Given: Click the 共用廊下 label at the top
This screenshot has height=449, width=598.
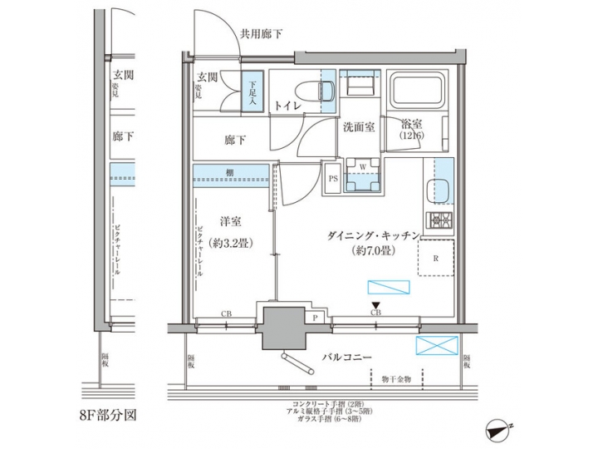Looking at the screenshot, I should tap(261, 34).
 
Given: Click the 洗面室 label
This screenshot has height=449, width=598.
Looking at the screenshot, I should tap(359, 127).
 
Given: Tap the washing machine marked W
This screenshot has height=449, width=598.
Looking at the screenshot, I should tap(363, 176).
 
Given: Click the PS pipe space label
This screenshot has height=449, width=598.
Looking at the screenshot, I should tap(332, 178).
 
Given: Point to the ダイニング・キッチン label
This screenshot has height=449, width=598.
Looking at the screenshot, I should tap(370, 235).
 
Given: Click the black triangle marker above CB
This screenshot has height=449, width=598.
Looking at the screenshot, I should tap(376, 305).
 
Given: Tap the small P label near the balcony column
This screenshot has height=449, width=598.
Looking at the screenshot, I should tap(316, 318).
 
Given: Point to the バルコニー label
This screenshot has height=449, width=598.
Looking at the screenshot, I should tap(346, 358).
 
